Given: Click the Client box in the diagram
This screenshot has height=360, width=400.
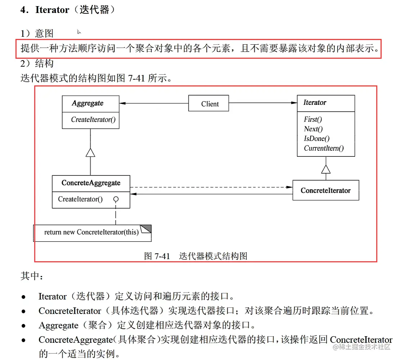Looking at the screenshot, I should point(209,104).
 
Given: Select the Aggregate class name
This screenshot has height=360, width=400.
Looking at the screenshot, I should point(87,103).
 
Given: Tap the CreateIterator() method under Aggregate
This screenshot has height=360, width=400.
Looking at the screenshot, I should point(93,120).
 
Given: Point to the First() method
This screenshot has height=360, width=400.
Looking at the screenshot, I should point(313,119).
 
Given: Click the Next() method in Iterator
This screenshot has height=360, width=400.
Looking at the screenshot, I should point(313,129).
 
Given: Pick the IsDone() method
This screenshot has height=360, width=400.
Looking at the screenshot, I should point(316,138).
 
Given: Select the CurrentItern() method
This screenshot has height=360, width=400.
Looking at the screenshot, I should point(324,148).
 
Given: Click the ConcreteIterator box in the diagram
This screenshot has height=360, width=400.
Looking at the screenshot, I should point(325,190).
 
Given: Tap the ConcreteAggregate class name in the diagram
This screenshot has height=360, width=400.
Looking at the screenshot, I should point(91,183).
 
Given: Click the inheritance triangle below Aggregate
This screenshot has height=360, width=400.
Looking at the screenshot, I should point(90,152).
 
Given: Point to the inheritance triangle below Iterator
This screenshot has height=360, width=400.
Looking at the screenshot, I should point(326,169).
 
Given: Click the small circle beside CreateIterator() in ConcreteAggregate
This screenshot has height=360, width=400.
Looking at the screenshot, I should point(116,199).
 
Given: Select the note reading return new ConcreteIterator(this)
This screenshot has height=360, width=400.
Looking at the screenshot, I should point(91,232).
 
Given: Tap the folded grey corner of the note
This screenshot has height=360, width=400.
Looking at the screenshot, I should point(145,228).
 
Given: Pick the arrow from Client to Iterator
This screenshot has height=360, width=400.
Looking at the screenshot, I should point(263,103).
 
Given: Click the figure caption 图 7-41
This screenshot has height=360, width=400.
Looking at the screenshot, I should point(157,256).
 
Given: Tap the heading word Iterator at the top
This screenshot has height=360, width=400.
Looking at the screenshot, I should point(52,10).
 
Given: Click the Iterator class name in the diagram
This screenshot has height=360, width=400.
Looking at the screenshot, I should point(315,102).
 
